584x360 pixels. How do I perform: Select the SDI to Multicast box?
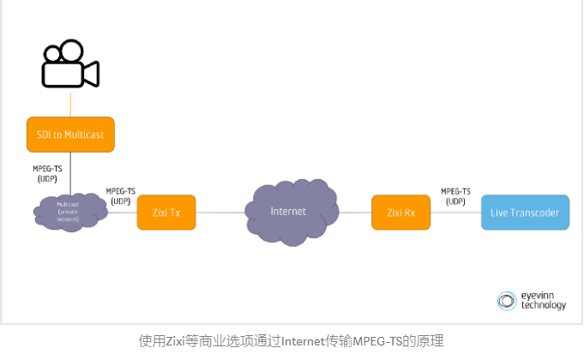(69, 135)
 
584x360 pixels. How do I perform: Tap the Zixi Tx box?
(166, 212)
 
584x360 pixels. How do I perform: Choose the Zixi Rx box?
(400, 212)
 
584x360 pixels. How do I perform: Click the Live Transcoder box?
(524, 212)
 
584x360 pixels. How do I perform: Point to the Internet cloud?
(287, 212)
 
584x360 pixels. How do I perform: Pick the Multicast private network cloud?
(69, 212)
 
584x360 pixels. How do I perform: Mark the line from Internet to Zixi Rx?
(353, 212)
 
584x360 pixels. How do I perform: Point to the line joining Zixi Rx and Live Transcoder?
(455, 213)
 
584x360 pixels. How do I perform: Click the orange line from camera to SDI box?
(69, 102)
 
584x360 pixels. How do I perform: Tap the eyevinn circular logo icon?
(507, 301)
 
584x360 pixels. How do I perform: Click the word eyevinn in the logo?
(540, 296)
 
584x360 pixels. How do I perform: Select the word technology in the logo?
(544, 306)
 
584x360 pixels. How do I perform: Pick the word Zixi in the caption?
(175, 341)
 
